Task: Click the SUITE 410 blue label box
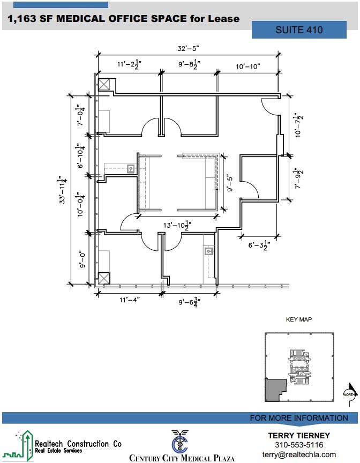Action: [x=299, y=30]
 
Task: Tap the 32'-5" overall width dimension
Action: [x=188, y=48]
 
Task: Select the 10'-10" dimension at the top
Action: [x=247, y=66]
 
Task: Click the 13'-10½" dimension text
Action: [x=177, y=226]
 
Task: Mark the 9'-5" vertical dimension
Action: [x=229, y=183]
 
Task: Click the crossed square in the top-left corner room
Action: [x=104, y=84]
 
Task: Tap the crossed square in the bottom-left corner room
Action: [x=104, y=279]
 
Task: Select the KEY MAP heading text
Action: [x=299, y=319]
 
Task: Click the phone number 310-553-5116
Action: [x=298, y=445]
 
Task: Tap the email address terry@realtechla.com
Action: [x=298, y=454]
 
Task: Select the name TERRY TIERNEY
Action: [x=298, y=435]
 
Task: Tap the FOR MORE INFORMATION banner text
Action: [x=298, y=418]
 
